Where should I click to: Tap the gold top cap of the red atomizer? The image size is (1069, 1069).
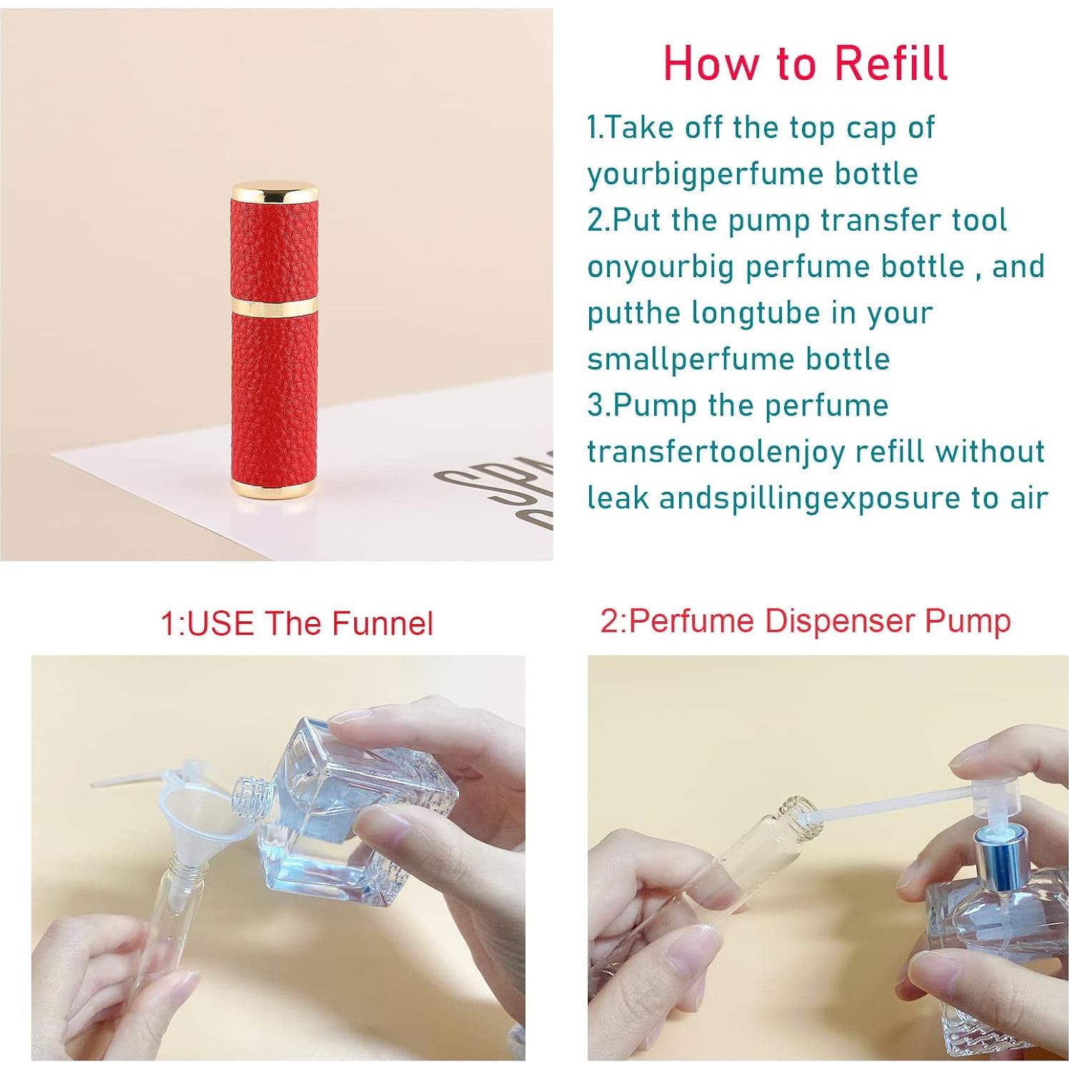point(274,190)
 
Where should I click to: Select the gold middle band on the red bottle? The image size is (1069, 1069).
point(274,308)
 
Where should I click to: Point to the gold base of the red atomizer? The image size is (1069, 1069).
point(273,488)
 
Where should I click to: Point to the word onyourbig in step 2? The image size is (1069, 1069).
point(661,266)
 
